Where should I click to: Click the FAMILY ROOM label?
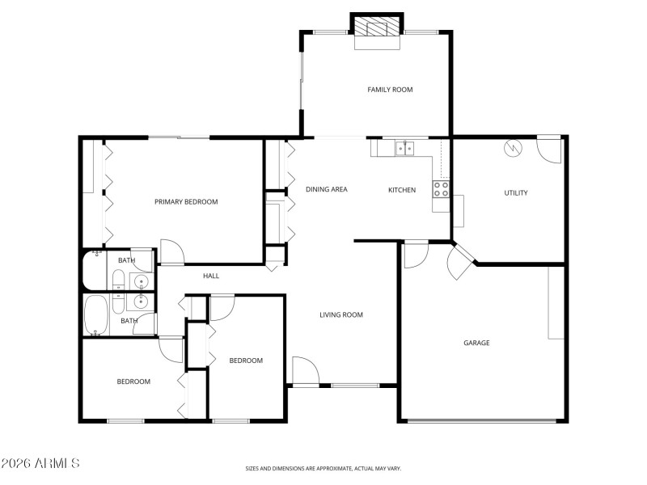[x=390, y=90]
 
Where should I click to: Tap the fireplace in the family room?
[x=376, y=29]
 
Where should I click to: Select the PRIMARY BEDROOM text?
[x=186, y=202]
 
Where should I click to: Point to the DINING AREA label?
[x=327, y=190]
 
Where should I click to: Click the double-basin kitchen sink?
[x=404, y=148]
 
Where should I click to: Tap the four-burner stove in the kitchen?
[x=442, y=189]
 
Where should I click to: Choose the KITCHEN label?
[x=402, y=191]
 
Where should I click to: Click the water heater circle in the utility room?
[x=511, y=149]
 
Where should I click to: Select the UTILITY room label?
[x=516, y=193]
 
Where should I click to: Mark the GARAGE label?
[x=476, y=343]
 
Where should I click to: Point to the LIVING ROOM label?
[x=340, y=315]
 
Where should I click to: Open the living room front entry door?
[x=305, y=372]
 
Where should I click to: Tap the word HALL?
[x=211, y=276]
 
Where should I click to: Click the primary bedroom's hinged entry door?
[x=171, y=252]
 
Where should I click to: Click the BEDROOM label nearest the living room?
[x=246, y=361]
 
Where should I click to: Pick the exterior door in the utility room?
[x=548, y=149]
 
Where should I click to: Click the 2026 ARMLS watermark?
[x=40, y=463]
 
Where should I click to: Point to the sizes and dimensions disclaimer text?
[x=323, y=468]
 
